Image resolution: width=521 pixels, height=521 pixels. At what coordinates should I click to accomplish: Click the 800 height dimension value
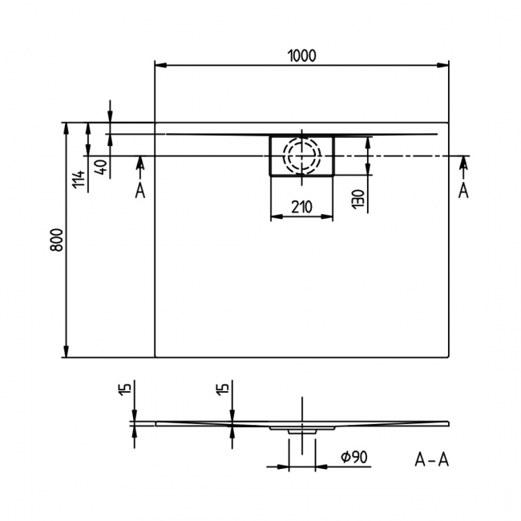tap(55, 240)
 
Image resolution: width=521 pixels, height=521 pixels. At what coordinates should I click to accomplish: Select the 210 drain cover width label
tap(301, 207)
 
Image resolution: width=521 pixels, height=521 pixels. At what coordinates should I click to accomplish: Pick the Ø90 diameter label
tap(353, 457)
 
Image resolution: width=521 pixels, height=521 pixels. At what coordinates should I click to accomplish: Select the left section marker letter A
tap(140, 190)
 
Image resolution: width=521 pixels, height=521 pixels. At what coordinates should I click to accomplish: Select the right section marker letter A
tap(462, 190)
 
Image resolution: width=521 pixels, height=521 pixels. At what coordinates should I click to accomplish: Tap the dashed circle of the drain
tap(301, 155)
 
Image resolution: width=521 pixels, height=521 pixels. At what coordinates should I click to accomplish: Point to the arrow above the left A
tap(140, 164)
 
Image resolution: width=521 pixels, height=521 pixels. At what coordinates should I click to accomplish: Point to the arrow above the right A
tap(462, 164)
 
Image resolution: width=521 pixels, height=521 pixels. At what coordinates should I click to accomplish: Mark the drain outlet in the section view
tap(301, 430)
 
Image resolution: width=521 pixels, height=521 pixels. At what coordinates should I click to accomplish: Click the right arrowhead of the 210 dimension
tap(329, 216)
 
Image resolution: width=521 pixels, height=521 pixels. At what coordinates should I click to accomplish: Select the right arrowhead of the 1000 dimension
tap(442, 64)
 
